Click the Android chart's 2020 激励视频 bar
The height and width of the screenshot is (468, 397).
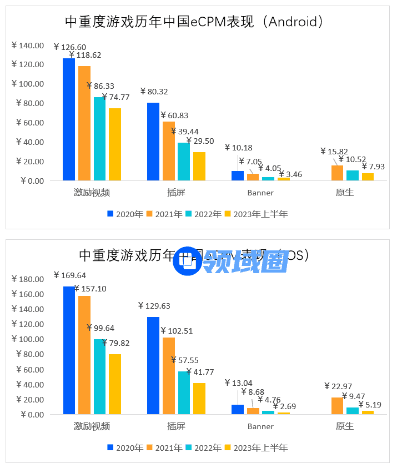(x=69, y=119)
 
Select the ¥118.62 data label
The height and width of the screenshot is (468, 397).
(x=85, y=55)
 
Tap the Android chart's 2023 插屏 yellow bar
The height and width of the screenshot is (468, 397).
(x=199, y=166)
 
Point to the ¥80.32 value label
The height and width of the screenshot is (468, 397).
(x=154, y=92)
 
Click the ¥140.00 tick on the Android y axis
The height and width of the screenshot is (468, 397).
(x=27, y=46)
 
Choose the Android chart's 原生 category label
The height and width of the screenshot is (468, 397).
(x=344, y=193)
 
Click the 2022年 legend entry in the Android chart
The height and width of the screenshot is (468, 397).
(x=203, y=214)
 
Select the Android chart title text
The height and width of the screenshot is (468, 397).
(x=194, y=22)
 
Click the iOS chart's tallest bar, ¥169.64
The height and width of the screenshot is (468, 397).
(x=69, y=350)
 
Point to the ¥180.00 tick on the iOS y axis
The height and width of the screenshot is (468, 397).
(x=27, y=279)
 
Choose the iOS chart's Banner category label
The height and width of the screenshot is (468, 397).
(x=260, y=426)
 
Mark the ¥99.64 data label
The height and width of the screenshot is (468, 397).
(x=100, y=328)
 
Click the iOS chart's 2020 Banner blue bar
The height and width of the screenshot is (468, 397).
(x=238, y=409)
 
